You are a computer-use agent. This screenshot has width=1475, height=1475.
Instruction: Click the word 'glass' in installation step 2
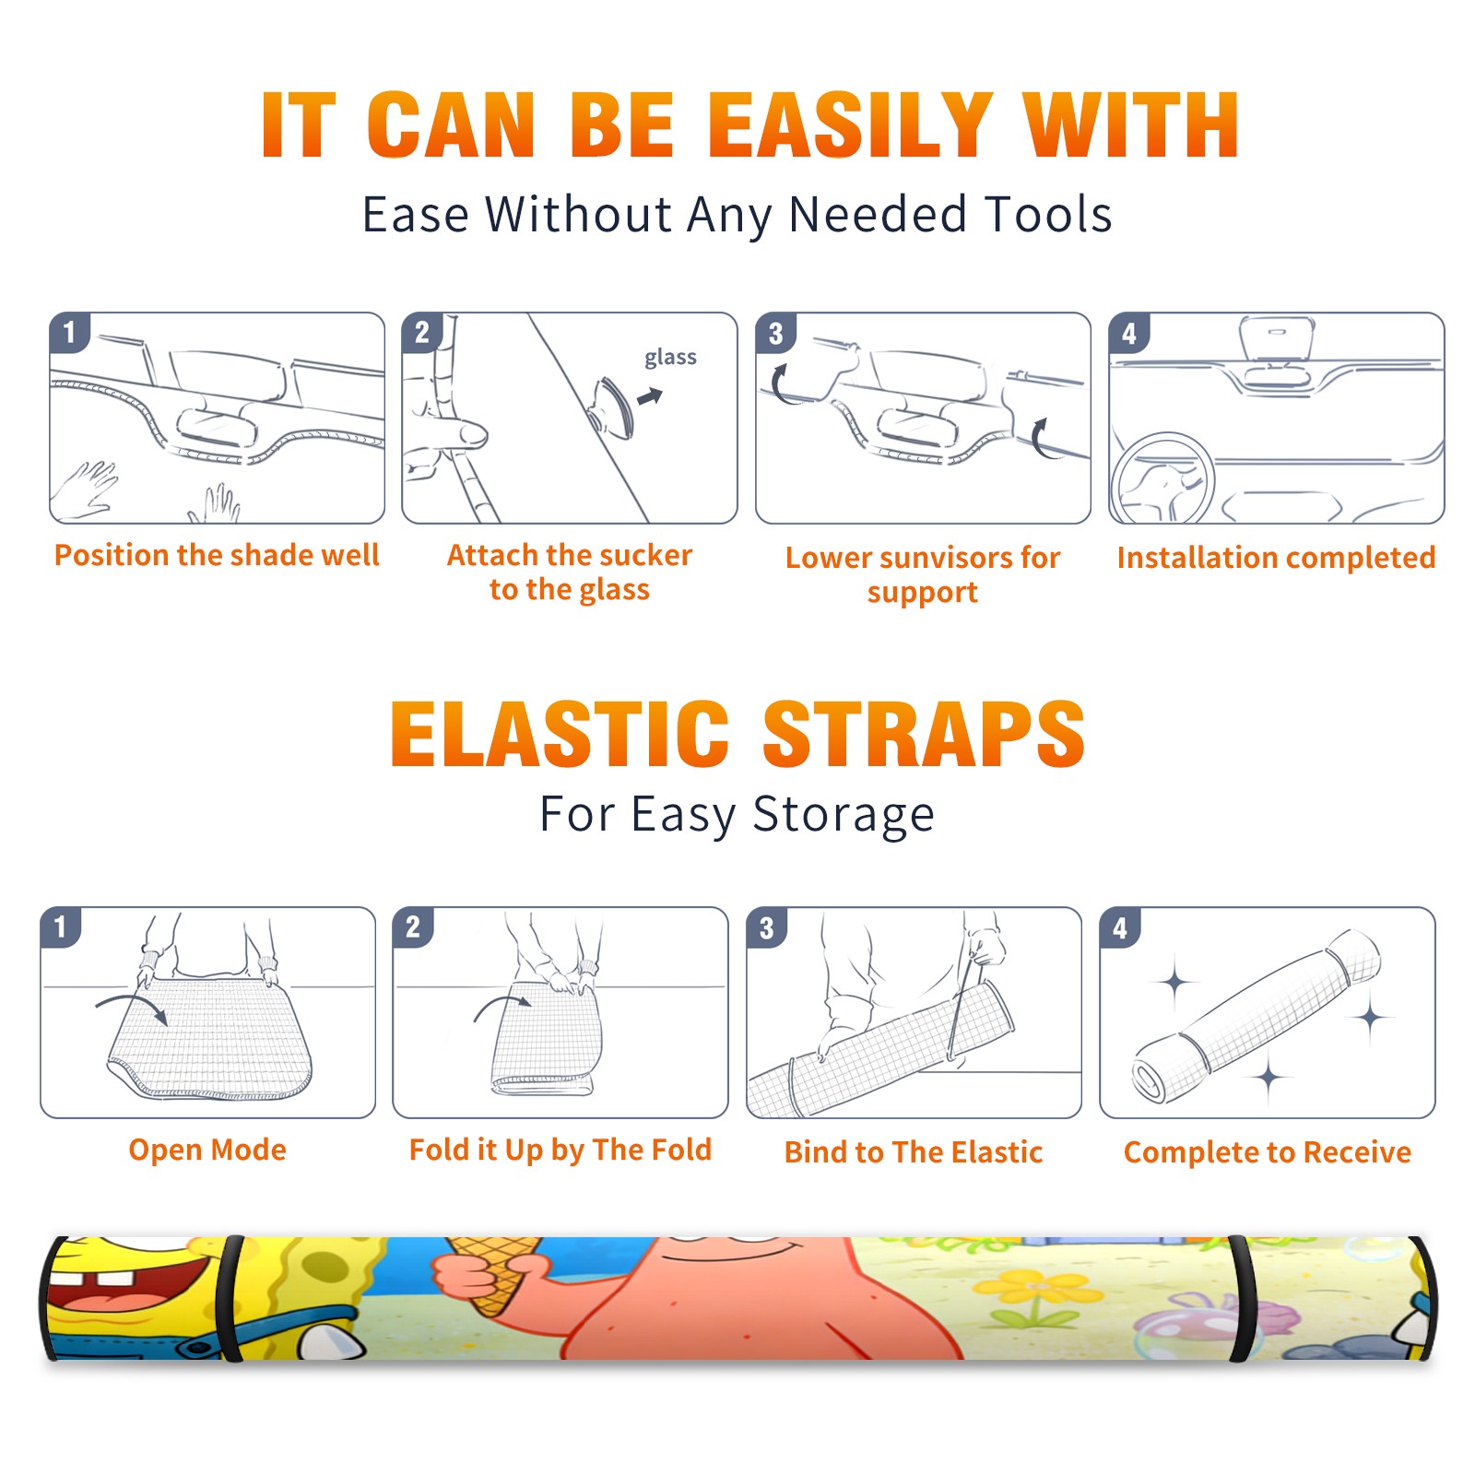[670, 358]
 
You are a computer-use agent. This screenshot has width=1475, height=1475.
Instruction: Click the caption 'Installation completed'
[1276, 558]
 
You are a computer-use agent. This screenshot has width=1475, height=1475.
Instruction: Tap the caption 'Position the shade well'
[217, 555]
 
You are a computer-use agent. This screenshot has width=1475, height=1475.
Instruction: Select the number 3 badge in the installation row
[775, 333]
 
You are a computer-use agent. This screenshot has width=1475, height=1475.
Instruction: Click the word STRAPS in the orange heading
[924, 734]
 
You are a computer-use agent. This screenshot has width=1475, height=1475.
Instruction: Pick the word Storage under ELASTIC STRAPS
[844, 815]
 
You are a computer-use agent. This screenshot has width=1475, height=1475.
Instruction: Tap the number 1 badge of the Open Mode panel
[61, 926]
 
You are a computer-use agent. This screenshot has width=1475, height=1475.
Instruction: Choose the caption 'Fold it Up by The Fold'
[560, 1150]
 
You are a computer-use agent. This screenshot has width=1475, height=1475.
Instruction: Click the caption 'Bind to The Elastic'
[914, 1152]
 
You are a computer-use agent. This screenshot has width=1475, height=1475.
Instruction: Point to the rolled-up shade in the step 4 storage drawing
[1257, 1016]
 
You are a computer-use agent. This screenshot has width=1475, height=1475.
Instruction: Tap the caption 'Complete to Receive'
[1268, 1152]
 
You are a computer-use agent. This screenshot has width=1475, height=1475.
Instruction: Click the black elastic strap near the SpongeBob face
[231, 1299]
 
